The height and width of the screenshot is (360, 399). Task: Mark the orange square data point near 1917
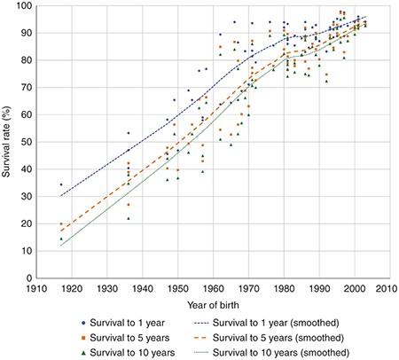pyautogui.click(x=61, y=224)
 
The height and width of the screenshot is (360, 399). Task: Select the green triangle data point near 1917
pyautogui.click(x=61, y=239)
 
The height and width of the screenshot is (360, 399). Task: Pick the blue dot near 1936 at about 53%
pyautogui.click(x=129, y=133)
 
